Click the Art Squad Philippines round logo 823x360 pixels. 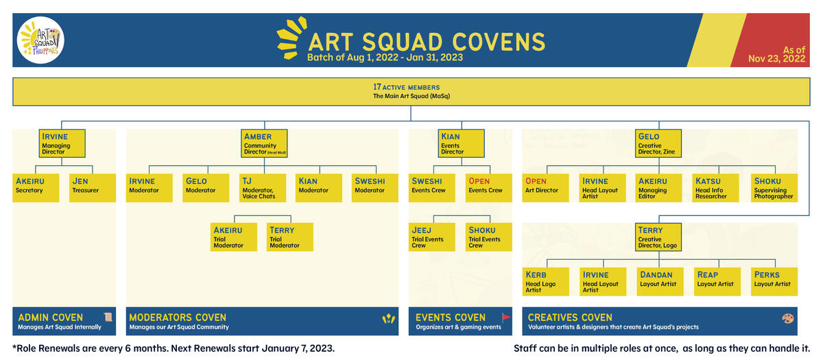[x=40, y=40]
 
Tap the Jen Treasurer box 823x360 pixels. [x=93, y=188]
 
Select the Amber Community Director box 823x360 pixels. [x=264, y=143]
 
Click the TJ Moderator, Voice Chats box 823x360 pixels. [x=262, y=188]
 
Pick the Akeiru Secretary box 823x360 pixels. [x=36, y=188]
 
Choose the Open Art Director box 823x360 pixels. [x=546, y=188]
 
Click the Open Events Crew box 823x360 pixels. [x=488, y=188]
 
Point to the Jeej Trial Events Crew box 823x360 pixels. [x=432, y=237]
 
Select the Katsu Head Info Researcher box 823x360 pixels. [x=716, y=188]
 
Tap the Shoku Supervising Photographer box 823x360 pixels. [x=774, y=188]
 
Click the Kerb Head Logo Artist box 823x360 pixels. [x=546, y=282]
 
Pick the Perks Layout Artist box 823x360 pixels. [x=774, y=282]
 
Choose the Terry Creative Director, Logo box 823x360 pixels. [x=658, y=237]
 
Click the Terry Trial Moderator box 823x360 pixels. [x=290, y=237]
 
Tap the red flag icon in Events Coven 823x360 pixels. [x=506, y=317]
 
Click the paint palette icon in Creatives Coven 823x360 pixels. [x=788, y=318]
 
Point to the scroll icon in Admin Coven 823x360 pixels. [x=108, y=317]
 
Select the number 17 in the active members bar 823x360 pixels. [x=377, y=87]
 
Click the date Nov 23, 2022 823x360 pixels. [x=776, y=59]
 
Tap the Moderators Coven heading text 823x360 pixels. [x=178, y=317]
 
